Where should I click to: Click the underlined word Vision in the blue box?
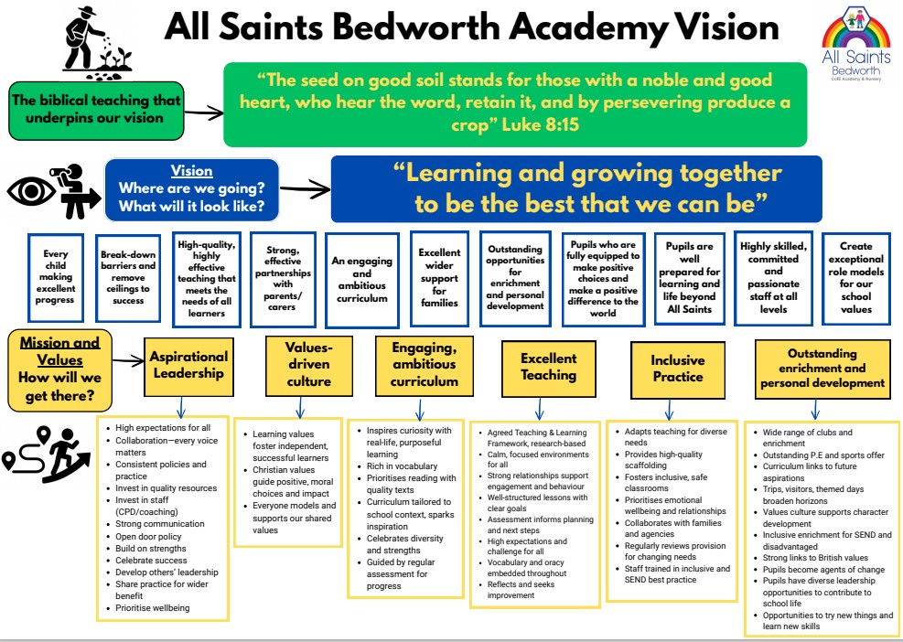(x=191, y=171)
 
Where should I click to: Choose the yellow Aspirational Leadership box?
(x=189, y=365)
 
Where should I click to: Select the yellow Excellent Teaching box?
(x=549, y=367)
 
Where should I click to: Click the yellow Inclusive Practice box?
(x=677, y=368)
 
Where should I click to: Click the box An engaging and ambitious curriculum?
(x=362, y=279)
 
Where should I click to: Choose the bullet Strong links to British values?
(x=815, y=557)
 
